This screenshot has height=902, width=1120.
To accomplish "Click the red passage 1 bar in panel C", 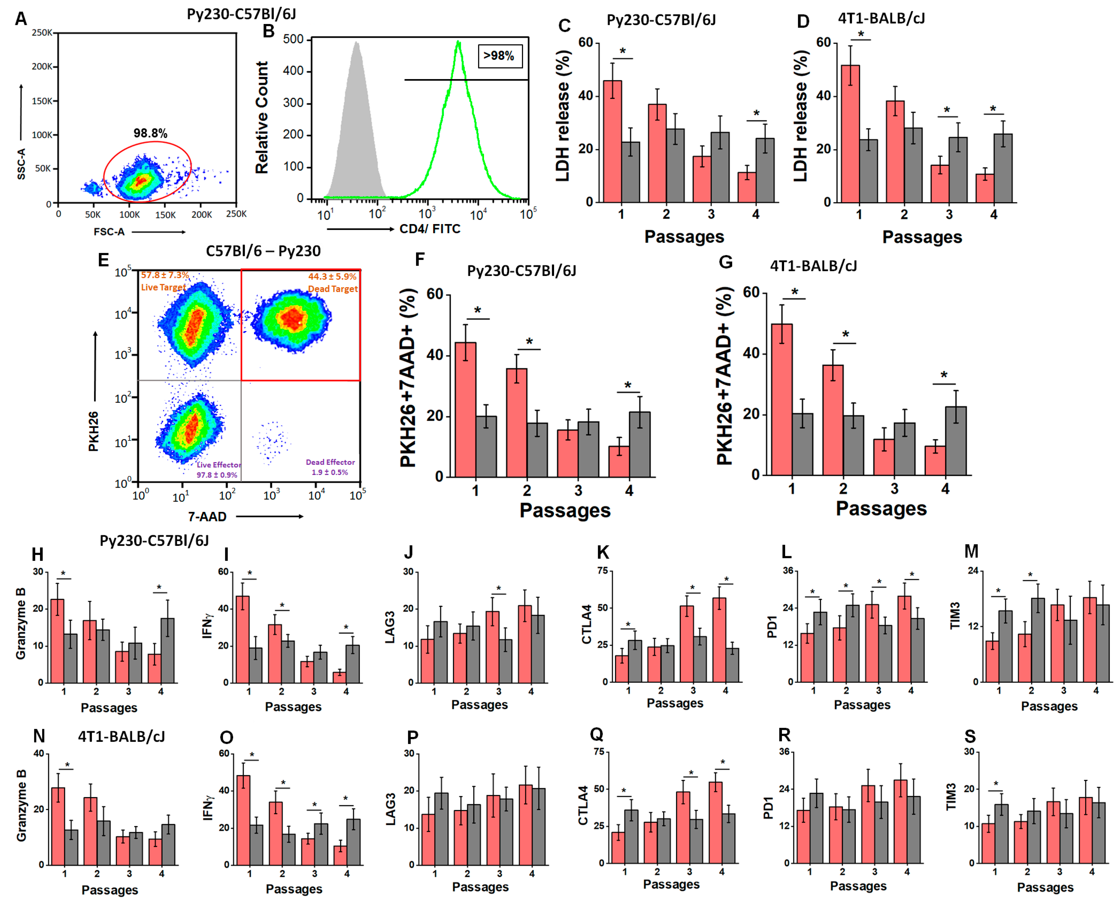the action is tap(613, 141).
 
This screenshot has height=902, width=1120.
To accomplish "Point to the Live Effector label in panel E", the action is tap(219, 464).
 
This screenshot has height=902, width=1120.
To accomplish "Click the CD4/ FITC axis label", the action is tap(430, 229).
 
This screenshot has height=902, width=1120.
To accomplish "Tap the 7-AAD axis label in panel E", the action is tap(207, 516).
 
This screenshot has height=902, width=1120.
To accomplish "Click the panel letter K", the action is tap(603, 552).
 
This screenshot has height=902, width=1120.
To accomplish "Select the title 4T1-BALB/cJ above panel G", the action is tap(814, 266).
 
